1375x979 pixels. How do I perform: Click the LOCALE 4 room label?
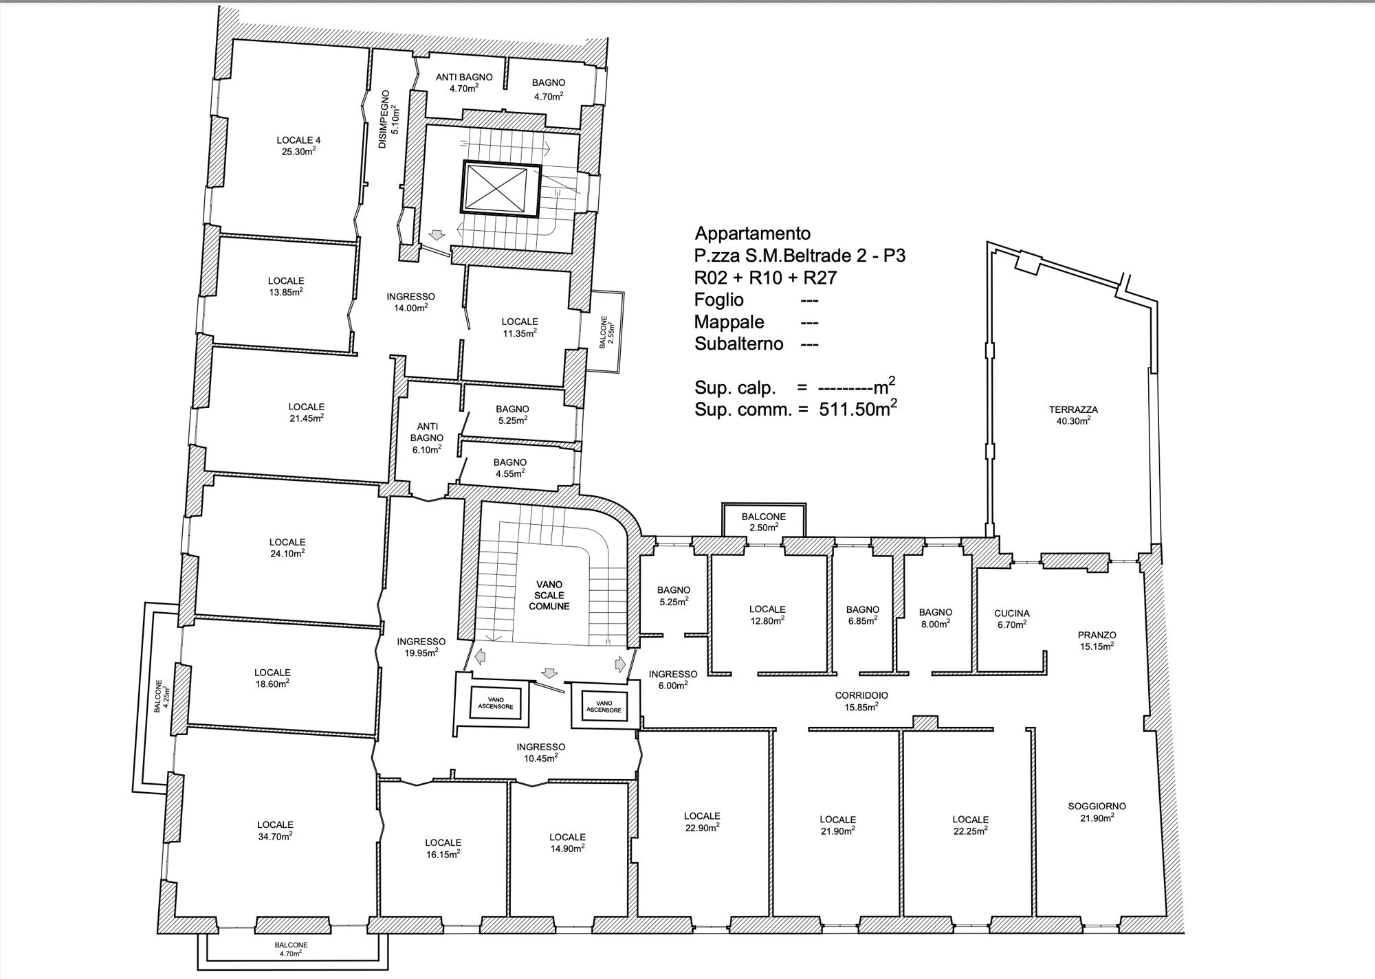point(298,146)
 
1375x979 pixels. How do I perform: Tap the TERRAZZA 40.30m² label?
point(1073,415)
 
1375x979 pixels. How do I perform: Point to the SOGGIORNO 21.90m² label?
point(1097,812)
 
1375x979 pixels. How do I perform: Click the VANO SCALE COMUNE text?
point(549,596)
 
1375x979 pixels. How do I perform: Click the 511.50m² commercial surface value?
point(857,409)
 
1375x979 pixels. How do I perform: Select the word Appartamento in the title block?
point(753,233)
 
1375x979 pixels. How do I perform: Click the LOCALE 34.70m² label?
point(275,830)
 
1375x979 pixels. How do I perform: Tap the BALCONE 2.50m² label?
point(763,521)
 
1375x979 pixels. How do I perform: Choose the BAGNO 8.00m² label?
point(935,618)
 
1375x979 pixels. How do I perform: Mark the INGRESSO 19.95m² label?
point(421,647)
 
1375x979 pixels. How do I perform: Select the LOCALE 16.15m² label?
point(443,848)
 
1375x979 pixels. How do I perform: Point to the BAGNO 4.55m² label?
point(509,468)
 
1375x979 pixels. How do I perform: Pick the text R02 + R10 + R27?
point(765,278)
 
